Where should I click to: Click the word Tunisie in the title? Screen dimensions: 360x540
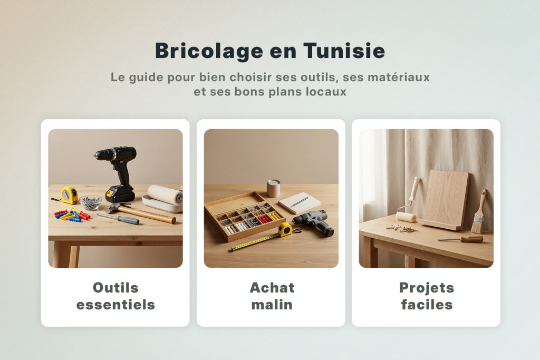point(344,51)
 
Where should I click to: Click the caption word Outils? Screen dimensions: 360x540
point(115,288)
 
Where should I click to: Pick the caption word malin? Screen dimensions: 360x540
point(272,305)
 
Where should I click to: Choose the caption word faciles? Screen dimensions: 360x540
point(426,305)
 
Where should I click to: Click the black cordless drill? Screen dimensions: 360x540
point(118,169)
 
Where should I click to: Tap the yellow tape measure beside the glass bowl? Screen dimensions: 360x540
point(69,194)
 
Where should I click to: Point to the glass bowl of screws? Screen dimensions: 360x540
point(91,202)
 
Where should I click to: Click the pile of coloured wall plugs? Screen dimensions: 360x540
point(72,215)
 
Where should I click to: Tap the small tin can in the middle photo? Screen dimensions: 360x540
point(273,188)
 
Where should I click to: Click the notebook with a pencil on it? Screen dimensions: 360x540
point(299,202)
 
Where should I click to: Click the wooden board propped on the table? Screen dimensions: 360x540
point(446,199)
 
